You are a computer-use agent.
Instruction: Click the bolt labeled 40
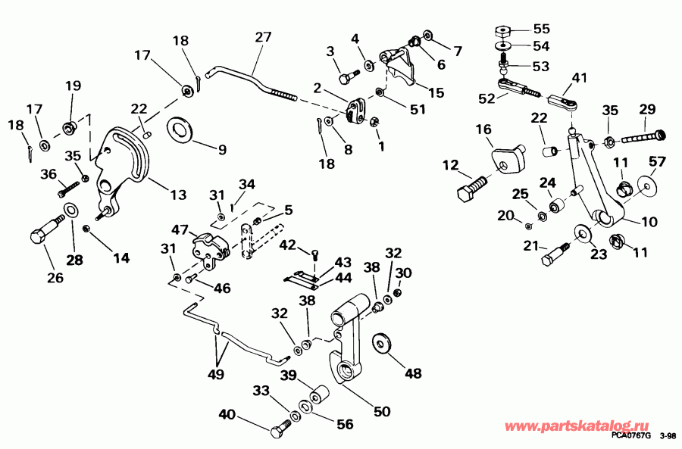click(280, 432)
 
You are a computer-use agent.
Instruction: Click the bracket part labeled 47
click(209, 247)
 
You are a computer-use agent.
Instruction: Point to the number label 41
click(580, 77)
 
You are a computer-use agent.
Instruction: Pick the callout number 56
click(345, 425)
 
